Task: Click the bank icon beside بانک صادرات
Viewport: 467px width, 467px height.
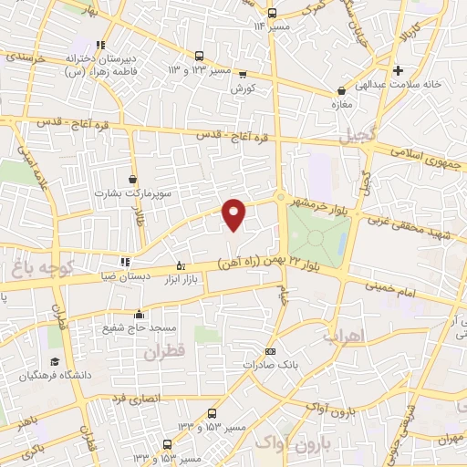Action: click(269, 351)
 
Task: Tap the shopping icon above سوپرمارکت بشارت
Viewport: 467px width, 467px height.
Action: click(134, 180)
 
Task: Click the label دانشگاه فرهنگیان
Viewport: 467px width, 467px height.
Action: click(61, 375)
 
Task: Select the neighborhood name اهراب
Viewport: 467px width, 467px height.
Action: click(342, 337)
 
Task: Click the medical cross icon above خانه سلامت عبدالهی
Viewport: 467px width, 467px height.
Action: click(398, 70)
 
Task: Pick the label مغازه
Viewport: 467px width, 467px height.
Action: click(340, 105)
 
